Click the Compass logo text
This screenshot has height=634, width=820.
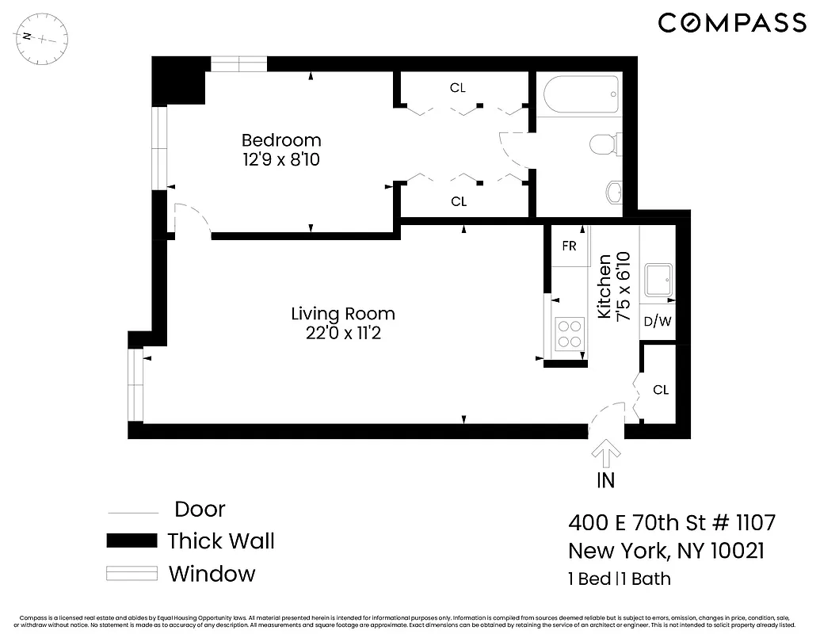click(x=731, y=23)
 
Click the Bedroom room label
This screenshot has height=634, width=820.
click(x=281, y=141)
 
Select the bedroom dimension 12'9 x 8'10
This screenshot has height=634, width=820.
click(x=281, y=159)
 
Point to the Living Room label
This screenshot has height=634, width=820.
click(x=342, y=315)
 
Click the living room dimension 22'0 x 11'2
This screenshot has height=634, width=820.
click(x=342, y=334)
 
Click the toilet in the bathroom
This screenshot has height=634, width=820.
click(x=605, y=144)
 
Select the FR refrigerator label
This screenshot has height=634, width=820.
click(x=569, y=246)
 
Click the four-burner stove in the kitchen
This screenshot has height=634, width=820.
click(x=570, y=334)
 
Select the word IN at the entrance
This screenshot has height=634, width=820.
click(x=605, y=480)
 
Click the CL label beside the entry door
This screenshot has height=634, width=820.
click(x=660, y=390)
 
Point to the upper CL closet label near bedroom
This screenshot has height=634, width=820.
click(x=457, y=88)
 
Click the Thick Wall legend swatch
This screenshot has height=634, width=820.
click(x=132, y=541)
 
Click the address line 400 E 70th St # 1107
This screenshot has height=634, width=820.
click(x=671, y=523)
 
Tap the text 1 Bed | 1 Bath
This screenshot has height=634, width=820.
click(x=619, y=579)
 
